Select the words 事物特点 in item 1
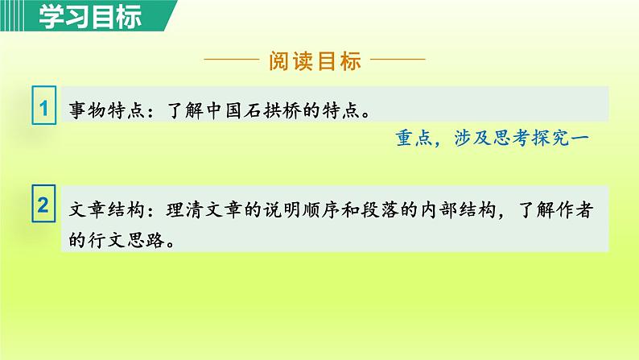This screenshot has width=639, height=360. (108, 110)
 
